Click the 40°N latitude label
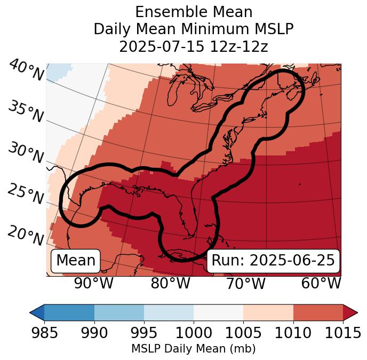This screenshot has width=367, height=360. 26,71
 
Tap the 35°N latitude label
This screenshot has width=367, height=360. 25,112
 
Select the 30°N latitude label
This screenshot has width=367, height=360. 25,153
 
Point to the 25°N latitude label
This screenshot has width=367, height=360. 25,194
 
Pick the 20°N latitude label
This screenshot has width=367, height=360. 25,235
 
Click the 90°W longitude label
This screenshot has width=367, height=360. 93,284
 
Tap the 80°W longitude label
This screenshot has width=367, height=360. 170,284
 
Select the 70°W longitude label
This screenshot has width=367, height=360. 245,284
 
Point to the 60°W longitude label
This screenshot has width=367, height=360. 321,284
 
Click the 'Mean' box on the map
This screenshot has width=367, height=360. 76,261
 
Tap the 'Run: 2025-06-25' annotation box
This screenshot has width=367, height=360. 273,261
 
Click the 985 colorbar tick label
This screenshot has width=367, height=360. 44,333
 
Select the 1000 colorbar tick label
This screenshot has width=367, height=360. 194,333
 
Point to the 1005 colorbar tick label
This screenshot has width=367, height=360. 243,333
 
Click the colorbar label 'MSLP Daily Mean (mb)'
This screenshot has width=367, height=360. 194,349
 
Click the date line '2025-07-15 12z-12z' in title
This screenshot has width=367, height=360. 194,46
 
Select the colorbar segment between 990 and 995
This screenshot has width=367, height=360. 119,312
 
